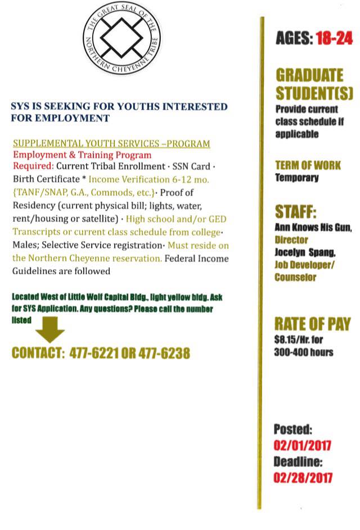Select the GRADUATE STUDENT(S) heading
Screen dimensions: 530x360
click(309, 83)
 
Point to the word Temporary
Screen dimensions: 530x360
click(296, 178)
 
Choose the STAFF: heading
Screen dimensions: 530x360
click(295, 212)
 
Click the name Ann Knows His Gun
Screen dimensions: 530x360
click(313, 228)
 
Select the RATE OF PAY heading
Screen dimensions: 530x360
click(312, 324)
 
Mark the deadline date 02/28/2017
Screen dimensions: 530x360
click(303, 478)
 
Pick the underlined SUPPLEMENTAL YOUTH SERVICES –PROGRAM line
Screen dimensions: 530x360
click(111, 144)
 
